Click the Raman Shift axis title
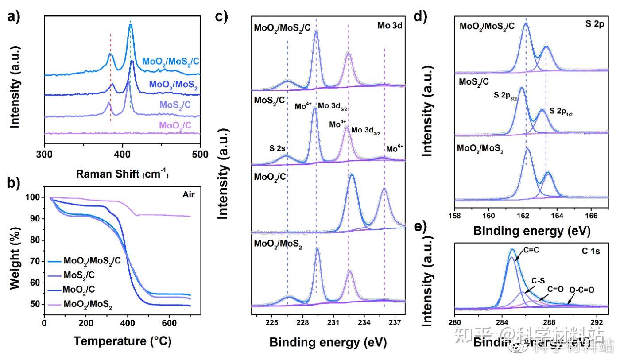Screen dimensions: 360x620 coord(122,174)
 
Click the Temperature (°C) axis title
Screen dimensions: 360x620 coord(122,341)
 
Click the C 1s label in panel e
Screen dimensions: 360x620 coord(590,252)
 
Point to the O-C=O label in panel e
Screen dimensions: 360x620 coord(581,290)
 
